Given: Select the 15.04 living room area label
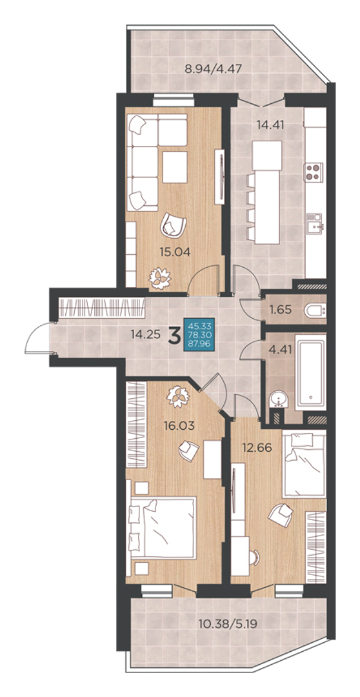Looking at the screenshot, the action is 175,252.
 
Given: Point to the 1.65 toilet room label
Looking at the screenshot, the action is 281,309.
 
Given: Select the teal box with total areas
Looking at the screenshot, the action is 198,334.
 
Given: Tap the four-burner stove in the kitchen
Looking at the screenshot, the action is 314,172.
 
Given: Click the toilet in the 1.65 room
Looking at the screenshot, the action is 315,310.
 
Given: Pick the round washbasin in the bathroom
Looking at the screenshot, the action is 279,399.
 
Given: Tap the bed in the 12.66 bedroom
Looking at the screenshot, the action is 305,465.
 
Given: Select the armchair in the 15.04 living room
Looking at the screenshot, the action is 174,225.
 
